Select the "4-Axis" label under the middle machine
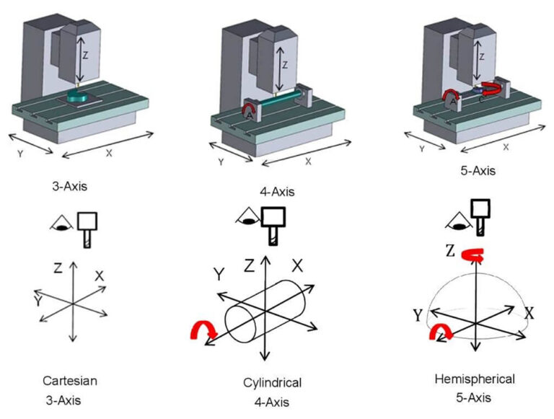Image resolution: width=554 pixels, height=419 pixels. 277,192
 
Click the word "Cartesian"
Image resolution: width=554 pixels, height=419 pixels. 70,380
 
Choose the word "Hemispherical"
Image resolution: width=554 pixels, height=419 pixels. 475,379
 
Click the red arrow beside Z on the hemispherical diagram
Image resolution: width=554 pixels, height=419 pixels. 473,253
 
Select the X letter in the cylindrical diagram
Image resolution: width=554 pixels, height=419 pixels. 297,265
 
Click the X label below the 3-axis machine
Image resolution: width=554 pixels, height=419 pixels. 109,154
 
